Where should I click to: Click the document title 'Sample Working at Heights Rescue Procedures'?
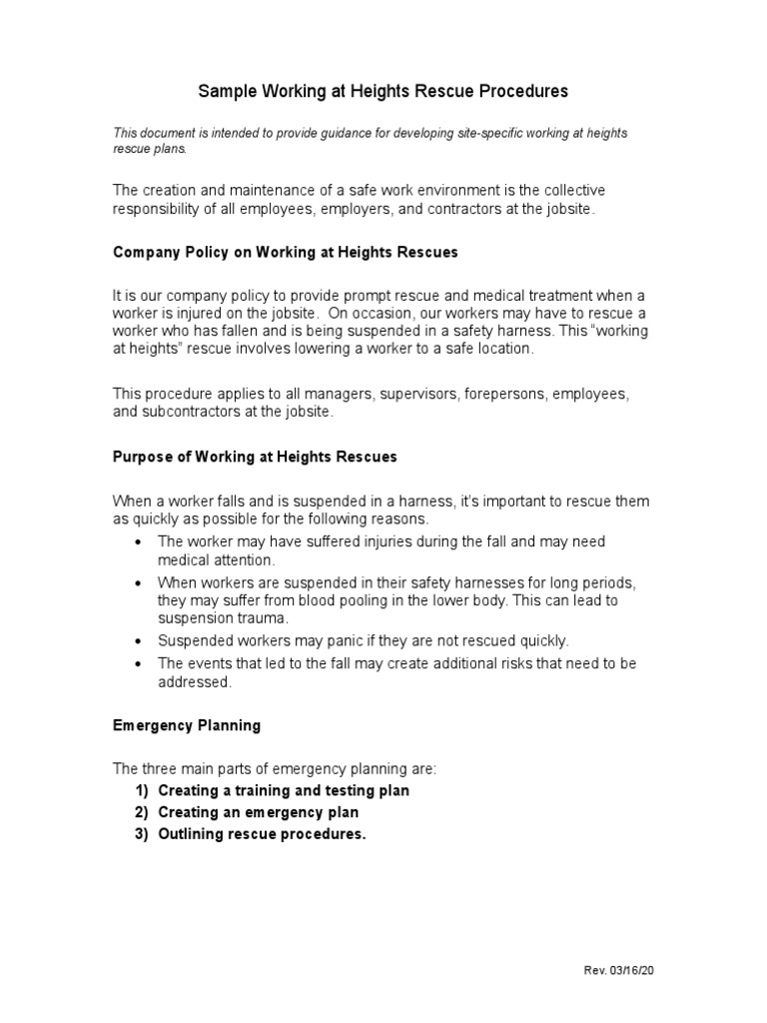pyautogui.click(x=383, y=91)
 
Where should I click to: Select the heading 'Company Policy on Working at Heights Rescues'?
pyautogui.click(x=285, y=253)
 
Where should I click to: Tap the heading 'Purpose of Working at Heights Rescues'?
pyautogui.click(x=255, y=457)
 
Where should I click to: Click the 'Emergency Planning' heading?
pyautogui.click(x=187, y=726)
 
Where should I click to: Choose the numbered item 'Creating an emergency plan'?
pyautogui.click(x=258, y=812)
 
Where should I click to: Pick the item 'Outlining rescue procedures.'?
pyautogui.click(x=262, y=834)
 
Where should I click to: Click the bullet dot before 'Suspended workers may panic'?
pyautogui.click(x=138, y=641)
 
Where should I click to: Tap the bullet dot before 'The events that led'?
pyautogui.click(x=138, y=664)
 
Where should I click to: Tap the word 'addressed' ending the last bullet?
pyautogui.click(x=194, y=683)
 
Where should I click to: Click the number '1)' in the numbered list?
pyautogui.click(x=142, y=790)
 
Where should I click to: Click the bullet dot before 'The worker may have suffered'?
pyautogui.click(x=138, y=542)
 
